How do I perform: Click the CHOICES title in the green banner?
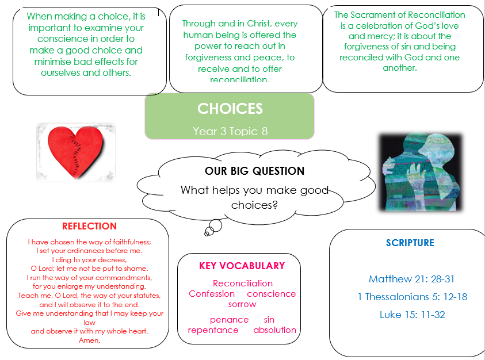[230, 109]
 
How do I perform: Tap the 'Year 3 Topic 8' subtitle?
[230, 131]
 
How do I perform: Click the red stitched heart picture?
[76, 152]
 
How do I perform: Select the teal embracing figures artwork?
[421, 172]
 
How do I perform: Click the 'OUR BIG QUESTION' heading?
[254, 171]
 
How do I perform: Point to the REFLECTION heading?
[89, 226]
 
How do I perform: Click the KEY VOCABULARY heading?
[242, 266]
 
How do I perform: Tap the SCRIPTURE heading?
[410, 243]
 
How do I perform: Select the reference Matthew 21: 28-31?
[412, 279]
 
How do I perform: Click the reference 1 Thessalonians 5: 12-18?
[413, 297]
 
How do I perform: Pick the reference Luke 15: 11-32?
[413, 315]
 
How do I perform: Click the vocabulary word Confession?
[212, 293]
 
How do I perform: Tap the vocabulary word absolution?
[274, 330]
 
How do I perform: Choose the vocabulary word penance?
[229, 320]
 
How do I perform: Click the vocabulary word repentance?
[213, 330]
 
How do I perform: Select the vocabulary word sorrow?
[242, 304]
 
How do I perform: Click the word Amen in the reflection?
[89, 340]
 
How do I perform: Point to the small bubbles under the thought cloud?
[213, 228]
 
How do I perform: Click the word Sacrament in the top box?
[378, 15]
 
